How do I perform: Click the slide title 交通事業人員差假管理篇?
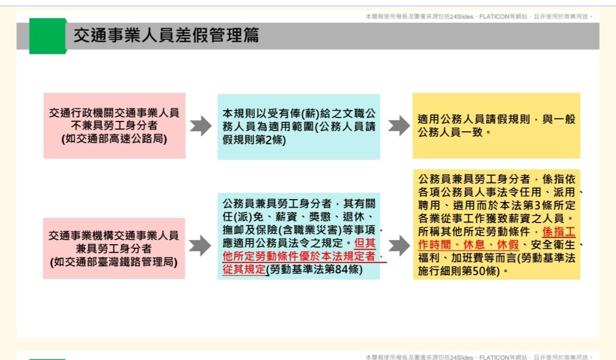coord(166,36)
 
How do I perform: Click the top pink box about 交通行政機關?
coord(114,126)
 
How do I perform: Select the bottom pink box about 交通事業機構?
coord(114,248)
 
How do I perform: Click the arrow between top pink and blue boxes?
coord(201,126)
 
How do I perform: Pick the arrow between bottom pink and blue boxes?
coord(200,246)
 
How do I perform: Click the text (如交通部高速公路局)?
coord(114,138)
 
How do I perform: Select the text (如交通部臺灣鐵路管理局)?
coord(114,262)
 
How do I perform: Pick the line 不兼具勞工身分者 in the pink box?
coord(114,126)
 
